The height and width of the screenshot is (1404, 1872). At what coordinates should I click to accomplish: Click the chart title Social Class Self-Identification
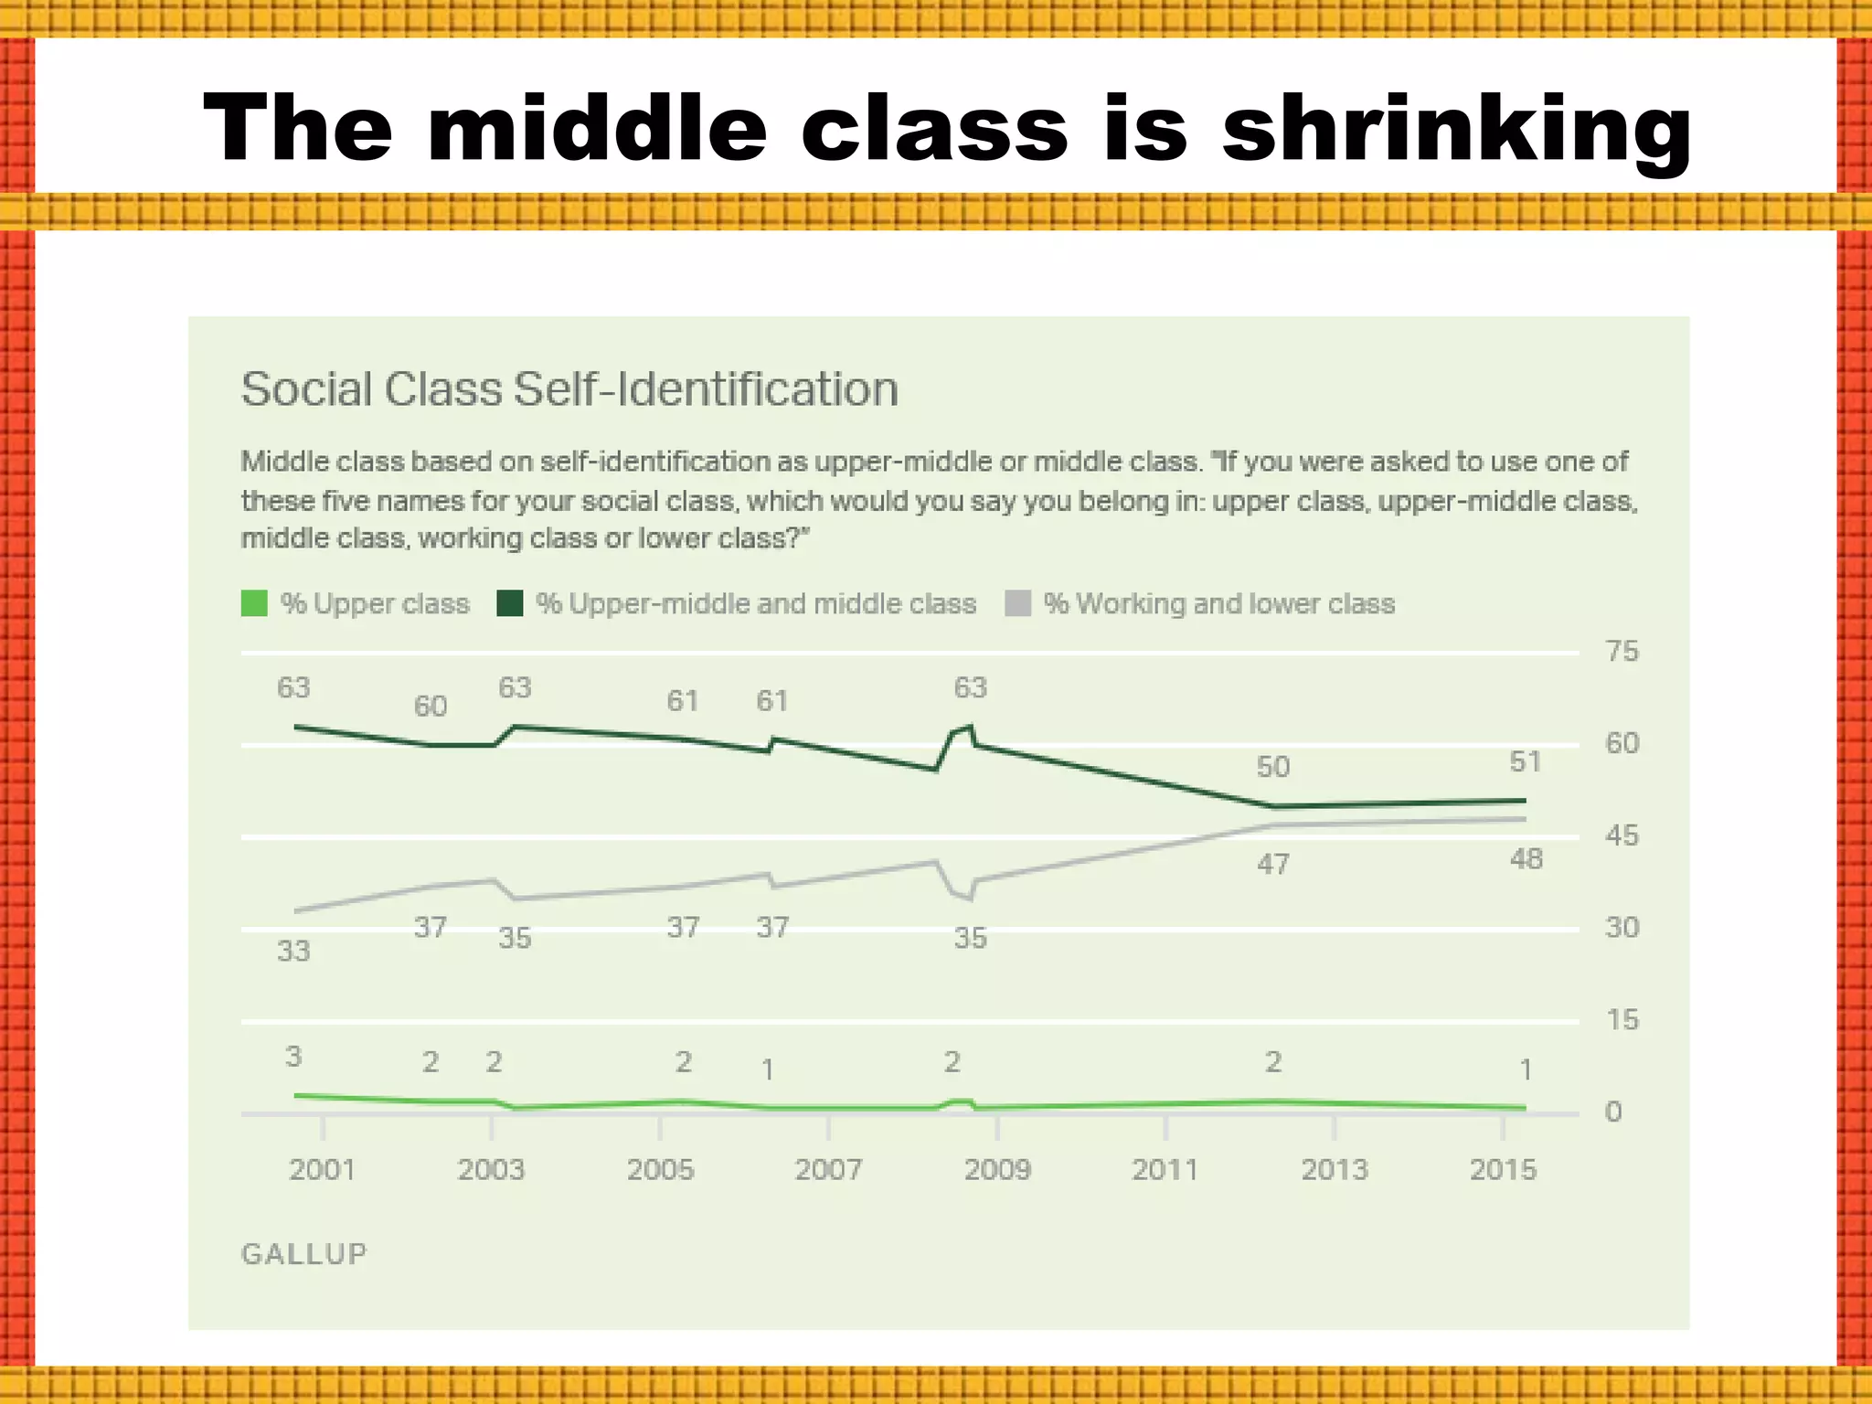(x=569, y=389)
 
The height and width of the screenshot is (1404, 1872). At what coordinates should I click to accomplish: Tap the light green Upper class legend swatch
(x=254, y=603)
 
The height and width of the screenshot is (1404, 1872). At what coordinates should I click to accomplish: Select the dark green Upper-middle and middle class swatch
(x=509, y=603)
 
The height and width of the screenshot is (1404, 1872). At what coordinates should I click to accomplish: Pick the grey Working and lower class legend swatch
(x=1017, y=603)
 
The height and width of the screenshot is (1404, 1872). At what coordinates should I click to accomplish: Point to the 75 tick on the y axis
(x=1622, y=652)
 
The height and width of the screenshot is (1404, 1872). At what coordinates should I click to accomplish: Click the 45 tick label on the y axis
(x=1622, y=835)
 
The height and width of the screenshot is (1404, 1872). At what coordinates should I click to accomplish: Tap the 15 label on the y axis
(x=1622, y=1020)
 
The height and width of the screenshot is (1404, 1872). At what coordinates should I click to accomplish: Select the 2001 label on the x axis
(x=322, y=1170)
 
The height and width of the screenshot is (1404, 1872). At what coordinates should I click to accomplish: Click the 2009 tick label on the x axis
(x=997, y=1170)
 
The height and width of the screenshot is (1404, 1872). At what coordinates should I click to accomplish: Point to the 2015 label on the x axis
(x=1503, y=1170)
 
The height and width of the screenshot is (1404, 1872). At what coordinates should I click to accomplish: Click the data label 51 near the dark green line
(x=1525, y=762)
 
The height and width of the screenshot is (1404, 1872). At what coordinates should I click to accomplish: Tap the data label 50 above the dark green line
(x=1273, y=767)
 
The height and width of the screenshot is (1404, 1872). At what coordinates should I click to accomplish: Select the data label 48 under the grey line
(x=1526, y=859)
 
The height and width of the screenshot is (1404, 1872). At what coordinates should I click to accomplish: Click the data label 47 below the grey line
(x=1273, y=865)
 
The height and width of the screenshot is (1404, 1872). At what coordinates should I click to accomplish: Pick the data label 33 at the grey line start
(x=293, y=952)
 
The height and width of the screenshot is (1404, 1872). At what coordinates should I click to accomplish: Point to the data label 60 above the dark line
(x=431, y=707)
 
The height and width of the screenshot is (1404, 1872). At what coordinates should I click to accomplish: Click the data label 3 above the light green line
(x=293, y=1057)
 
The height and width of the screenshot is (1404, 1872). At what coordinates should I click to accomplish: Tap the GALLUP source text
(x=303, y=1254)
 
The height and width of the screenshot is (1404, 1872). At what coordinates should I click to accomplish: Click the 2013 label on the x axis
(x=1335, y=1170)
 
